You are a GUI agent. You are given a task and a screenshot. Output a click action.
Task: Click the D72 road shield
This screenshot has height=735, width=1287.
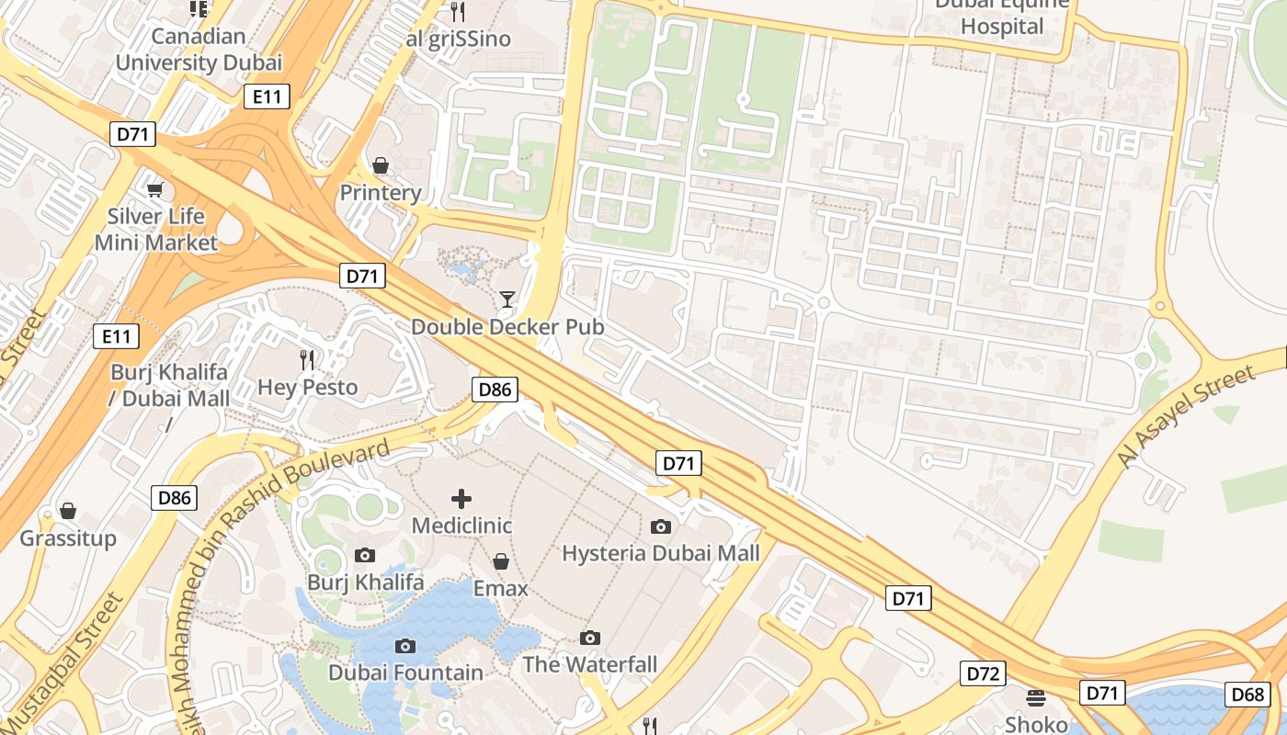pos(983,673)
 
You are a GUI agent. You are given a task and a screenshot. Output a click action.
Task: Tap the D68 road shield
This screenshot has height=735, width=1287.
pos(1247,694)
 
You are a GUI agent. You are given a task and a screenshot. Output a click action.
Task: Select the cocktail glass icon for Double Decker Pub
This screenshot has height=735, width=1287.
pos(507,299)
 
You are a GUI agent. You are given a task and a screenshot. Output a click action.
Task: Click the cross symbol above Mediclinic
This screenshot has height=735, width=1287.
pos(461,499)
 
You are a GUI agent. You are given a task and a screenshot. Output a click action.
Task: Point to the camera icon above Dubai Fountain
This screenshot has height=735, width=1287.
pos(404,647)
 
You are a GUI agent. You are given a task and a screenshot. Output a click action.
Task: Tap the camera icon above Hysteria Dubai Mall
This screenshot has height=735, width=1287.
pos(660,526)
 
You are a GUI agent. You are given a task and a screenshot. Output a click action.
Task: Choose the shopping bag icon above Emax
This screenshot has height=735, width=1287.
pos(501,560)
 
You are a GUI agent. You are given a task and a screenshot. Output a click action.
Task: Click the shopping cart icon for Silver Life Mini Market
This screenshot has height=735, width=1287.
pos(155,189)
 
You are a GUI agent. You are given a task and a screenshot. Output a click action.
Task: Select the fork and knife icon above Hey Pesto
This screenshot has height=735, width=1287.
pos(307,359)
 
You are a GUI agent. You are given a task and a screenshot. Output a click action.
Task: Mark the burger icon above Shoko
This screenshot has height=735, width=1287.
pos(1036,697)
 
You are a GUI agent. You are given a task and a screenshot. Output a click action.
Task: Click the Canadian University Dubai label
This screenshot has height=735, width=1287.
pos(199,50)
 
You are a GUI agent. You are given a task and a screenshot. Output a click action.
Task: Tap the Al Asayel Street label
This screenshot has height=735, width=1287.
pos(1186,416)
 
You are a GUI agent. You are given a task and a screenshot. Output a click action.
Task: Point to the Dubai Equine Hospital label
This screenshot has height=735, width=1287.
pos(1002,16)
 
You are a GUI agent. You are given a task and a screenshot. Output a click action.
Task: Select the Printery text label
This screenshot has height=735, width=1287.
pos(381,193)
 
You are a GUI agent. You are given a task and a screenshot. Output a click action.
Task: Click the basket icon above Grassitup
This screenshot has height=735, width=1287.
pos(68,511)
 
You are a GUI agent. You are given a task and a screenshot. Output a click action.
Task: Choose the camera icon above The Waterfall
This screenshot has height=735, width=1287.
pos(590,638)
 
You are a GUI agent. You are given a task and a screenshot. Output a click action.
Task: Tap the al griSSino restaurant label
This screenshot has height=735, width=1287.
pos(458,40)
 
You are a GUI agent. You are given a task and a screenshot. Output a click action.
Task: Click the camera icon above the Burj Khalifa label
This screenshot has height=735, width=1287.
pos(365,555)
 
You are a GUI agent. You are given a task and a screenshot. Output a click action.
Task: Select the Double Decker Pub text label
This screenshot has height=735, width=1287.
pos(507,327)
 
